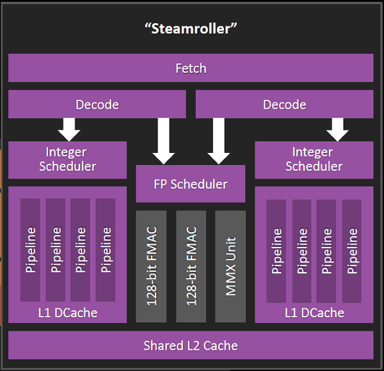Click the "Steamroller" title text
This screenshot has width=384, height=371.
(x=191, y=29)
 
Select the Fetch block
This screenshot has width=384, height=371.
(x=191, y=68)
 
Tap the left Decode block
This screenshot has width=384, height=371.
(x=97, y=104)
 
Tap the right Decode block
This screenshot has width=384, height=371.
(x=284, y=104)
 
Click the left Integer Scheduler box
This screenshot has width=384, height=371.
(x=67, y=159)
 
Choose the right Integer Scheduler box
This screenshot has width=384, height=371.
(x=314, y=159)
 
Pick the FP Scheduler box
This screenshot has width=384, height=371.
(x=190, y=184)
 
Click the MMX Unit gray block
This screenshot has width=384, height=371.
(x=230, y=265)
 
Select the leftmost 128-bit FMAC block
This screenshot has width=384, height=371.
(x=151, y=265)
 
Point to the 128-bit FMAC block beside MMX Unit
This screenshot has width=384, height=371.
(x=191, y=265)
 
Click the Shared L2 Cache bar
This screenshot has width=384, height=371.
(x=191, y=345)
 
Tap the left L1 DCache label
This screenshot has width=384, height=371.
(x=67, y=313)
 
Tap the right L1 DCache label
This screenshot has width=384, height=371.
(x=314, y=313)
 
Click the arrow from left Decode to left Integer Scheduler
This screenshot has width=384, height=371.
(x=69, y=129)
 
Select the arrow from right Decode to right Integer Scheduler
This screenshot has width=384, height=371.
(x=337, y=129)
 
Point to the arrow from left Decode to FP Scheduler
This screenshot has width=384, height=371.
(x=164, y=141)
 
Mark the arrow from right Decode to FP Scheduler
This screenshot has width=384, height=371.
(x=218, y=141)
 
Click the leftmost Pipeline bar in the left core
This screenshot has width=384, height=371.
(x=30, y=249)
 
